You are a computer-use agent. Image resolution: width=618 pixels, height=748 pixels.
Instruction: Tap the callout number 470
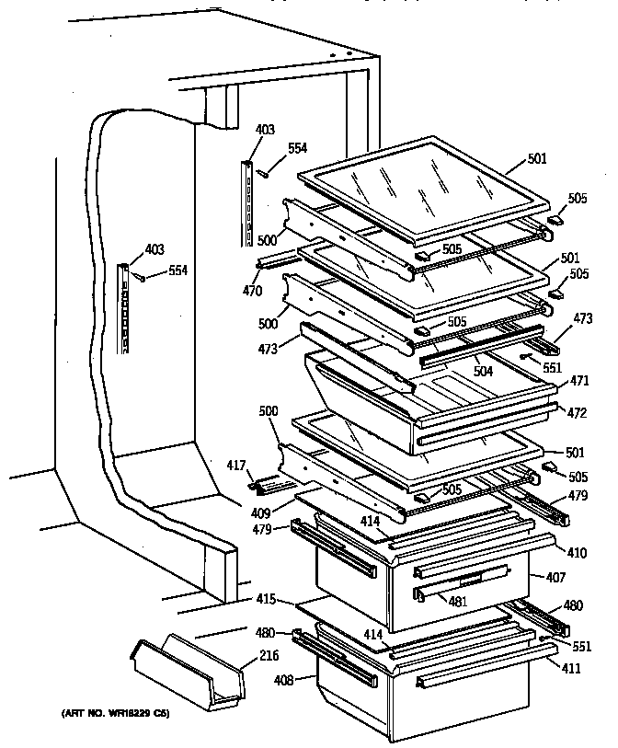click(252, 292)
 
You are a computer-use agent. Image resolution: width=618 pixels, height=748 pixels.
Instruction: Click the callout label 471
click(579, 380)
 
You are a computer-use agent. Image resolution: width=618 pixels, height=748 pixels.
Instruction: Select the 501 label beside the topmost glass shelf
click(537, 159)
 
